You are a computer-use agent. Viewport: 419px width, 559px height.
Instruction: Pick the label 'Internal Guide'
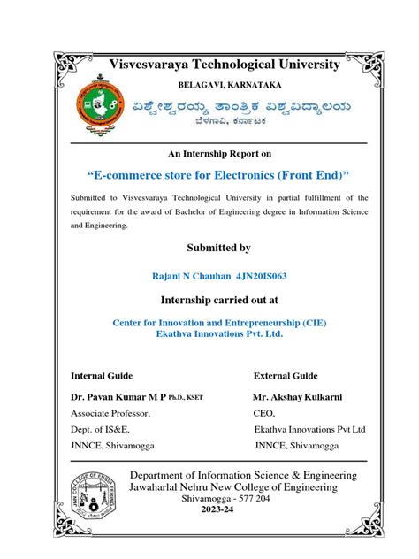point(102,375)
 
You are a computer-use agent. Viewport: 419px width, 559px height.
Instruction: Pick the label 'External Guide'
point(286,375)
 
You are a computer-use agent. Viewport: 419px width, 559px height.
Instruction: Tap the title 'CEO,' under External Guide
point(264,413)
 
